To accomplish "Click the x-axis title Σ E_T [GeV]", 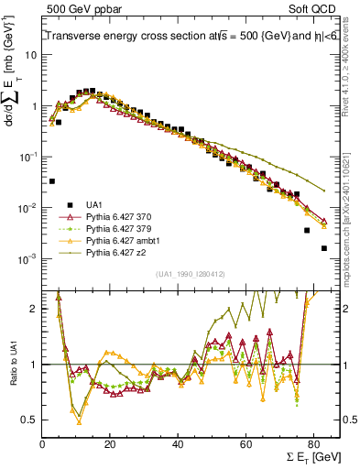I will (x=309, y=455).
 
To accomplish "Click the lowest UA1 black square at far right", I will (x=323, y=248).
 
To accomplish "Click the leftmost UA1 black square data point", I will (x=52, y=181).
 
